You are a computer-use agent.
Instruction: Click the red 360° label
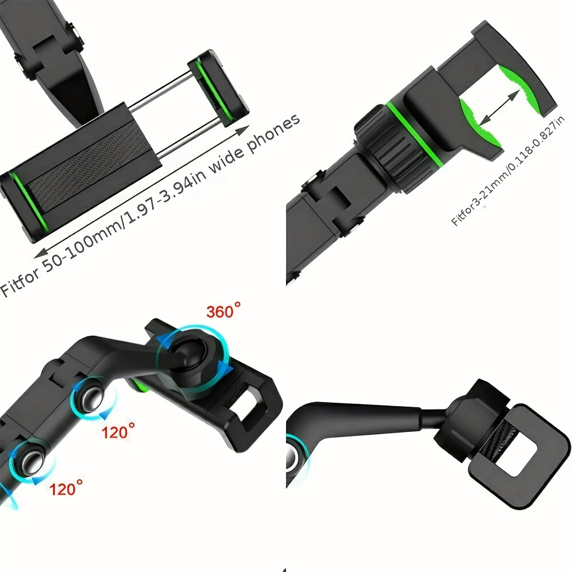coord(223,311)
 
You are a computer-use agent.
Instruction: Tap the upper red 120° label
coord(118,431)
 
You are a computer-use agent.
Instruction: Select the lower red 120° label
coord(66,488)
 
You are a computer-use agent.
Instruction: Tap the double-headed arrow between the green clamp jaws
coord(499,108)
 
